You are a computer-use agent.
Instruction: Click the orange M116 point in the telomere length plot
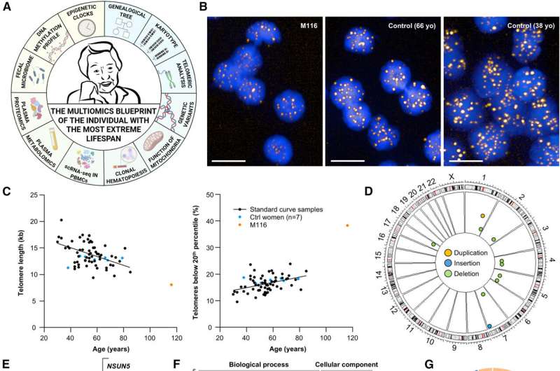click(x=171, y=285)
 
